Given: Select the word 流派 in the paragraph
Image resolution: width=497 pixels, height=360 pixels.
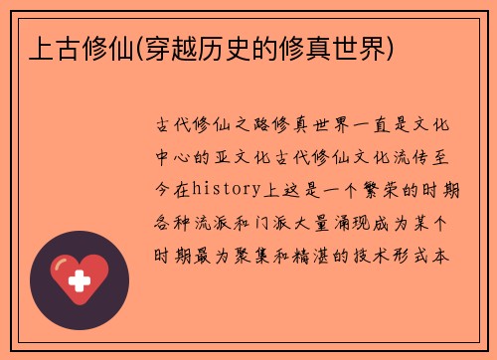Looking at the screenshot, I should click(216, 220).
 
